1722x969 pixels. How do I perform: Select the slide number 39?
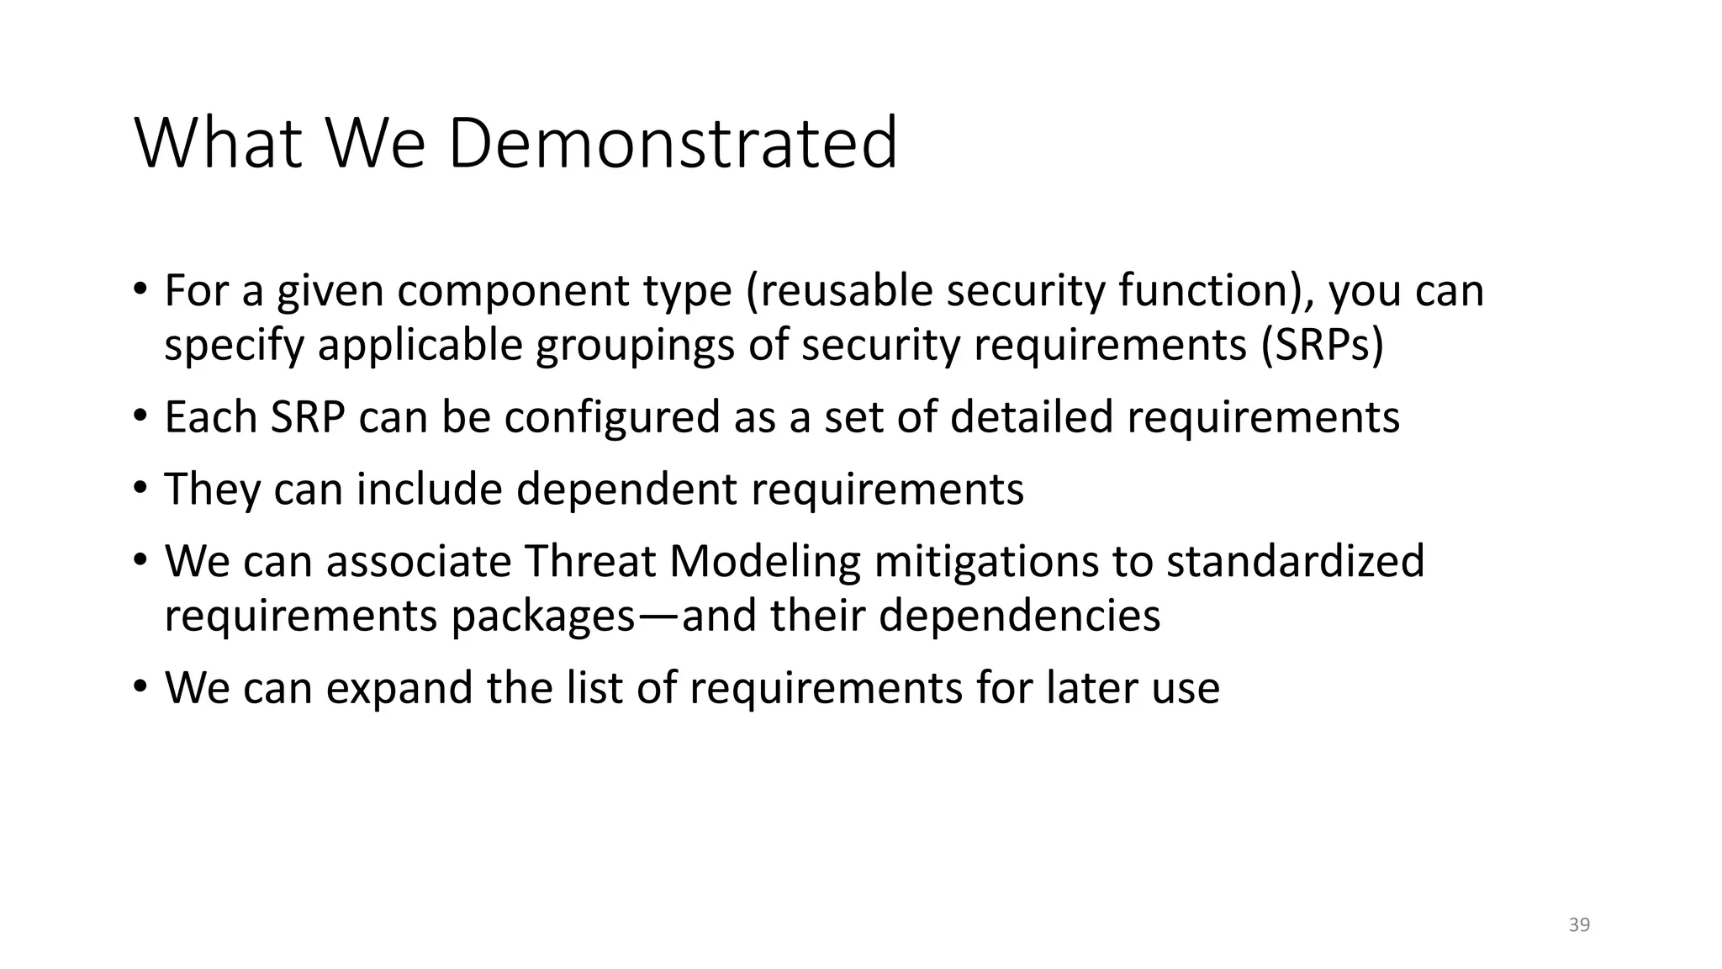pyautogui.click(x=1579, y=925)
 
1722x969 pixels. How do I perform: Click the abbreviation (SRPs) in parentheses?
pyautogui.click(x=1322, y=344)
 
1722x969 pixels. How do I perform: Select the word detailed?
pyautogui.click(x=1032, y=417)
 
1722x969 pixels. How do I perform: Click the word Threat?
pyautogui.click(x=589, y=561)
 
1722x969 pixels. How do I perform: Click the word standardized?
pyautogui.click(x=1295, y=561)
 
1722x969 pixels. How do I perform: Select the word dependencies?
pyautogui.click(x=1019, y=617)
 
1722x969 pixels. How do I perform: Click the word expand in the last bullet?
pyautogui.click(x=399, y=689)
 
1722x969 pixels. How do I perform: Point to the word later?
pyautogui.click(x=1086, y=687)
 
